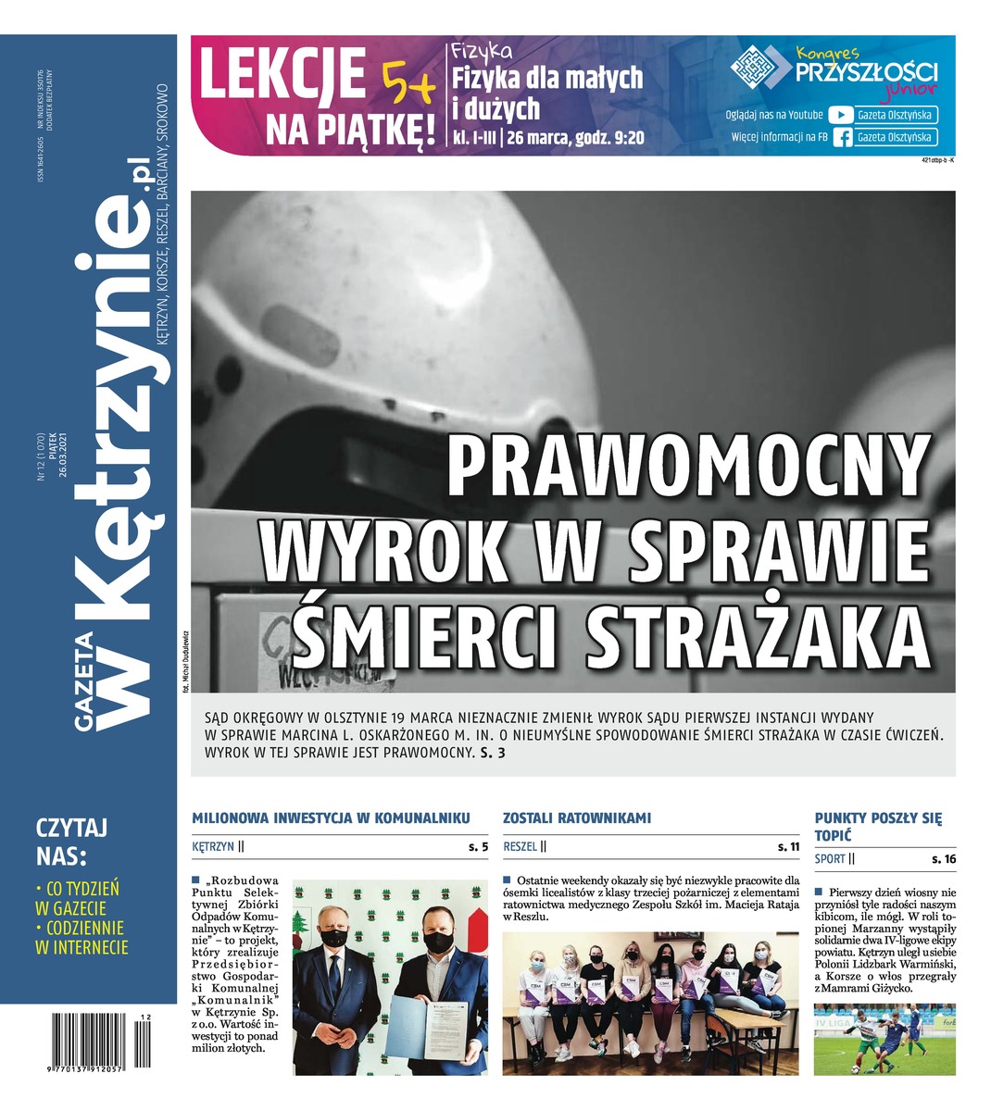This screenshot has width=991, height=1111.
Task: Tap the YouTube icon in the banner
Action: [x=839, y=115]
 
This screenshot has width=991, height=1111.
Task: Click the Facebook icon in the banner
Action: [x=842, y=138]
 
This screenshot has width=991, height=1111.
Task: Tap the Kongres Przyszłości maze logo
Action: [x=760, y=69]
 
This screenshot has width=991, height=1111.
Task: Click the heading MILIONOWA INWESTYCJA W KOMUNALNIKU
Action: [x=331, y=818]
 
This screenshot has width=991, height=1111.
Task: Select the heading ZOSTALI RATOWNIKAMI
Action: [x=577, y=818]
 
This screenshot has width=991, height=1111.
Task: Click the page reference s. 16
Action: [x=944, y=859]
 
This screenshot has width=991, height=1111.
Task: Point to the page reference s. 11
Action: [x=788, y=846]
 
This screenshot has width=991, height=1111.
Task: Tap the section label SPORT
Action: [x=830, y=859]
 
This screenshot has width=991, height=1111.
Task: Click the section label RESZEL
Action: [x=521, y=846]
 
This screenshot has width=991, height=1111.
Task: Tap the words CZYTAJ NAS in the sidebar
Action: [x=71, y=840]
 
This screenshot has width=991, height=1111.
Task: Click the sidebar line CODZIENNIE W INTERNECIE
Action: [x=82, y=937]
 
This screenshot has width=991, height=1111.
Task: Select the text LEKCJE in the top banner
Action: [x=282, y=76]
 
